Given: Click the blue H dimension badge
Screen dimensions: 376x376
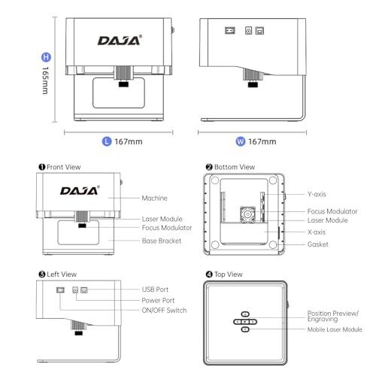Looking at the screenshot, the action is point(46,57).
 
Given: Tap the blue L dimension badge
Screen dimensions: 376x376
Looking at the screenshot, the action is point(107,141).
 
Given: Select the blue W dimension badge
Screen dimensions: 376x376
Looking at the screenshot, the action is point(241,141).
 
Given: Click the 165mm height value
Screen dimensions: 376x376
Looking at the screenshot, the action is point(45,80).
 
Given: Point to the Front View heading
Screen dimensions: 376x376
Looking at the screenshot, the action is point(59,167).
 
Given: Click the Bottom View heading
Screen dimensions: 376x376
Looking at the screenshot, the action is point(230,167).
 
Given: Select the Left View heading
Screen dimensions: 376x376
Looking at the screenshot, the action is point(58,274).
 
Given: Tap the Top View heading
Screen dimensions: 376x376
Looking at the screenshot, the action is point(224,274).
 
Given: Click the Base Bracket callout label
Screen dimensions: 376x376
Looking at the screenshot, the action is point(162,241).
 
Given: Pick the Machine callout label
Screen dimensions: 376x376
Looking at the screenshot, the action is point(154,199).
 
